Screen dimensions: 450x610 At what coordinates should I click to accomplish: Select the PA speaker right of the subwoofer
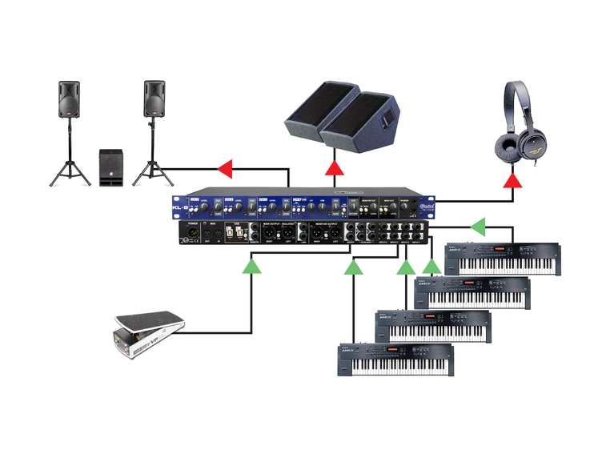tap(154, 98)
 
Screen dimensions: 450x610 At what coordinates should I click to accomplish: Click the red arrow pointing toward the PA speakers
tap(225, 168)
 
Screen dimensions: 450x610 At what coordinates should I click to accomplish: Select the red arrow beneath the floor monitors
tap(332, 168)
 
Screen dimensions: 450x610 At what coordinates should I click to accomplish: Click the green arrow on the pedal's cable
tap(252, 266)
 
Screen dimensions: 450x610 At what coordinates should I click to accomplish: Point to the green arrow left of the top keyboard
tap(477, 227)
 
